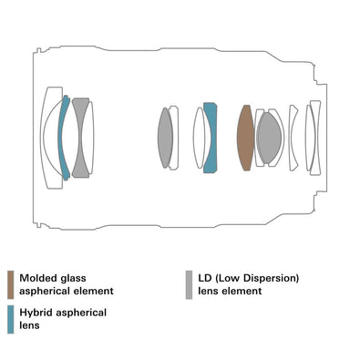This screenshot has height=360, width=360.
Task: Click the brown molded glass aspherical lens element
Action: pyautogui.click(x=245, y=138)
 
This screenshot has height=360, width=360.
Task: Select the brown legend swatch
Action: pyautogui.click(x=11, y=285)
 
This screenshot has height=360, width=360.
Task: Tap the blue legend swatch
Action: pyautogui.click(x=11, y=319)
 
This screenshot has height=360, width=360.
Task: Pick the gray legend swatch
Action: pyautogui.click(x=189, y=285)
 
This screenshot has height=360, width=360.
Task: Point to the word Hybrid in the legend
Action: pyautogui.click(x=36, y=313)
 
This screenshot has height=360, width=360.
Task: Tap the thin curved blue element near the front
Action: pyautogui.click(x=63, y=138)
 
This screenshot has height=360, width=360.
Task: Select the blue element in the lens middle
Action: pyautogui.click(x=211, y=138)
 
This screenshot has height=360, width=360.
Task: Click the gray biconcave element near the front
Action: pyautogui.click(x=80, y=138)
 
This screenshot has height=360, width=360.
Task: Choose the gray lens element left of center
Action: pyautogui.click(x=165, y=138)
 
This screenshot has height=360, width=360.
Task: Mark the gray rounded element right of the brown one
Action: pyautogui.click(x=269, y=138)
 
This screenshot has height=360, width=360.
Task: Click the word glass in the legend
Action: pyautogui.click(x=73, y=279)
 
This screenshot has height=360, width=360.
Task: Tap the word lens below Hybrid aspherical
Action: pyautogui.click(x=29, y=325)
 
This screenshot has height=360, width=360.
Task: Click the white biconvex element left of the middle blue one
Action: pyautogui.click(x=200, y=138)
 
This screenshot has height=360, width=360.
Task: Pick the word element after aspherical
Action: pyautogui.click(x=96, y=291)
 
